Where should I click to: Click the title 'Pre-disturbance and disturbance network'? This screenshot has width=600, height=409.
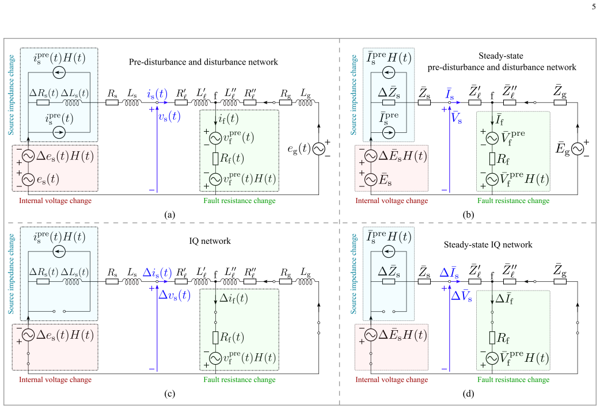(203, 62)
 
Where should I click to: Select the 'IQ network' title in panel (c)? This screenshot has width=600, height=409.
(210, 241)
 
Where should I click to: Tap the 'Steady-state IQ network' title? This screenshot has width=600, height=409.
(488, 244)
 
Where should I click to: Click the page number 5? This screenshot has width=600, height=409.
(594, 7)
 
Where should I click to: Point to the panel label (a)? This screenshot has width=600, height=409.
(169, 215)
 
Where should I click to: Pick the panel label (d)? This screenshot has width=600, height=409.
(468, 393)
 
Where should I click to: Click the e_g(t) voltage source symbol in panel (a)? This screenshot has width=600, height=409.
(318, 148)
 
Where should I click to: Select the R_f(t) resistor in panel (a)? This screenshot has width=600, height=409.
(215, 158)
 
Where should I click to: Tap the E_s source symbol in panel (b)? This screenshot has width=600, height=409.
(371, 179)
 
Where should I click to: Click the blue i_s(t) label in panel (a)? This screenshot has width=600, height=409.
(157, 94)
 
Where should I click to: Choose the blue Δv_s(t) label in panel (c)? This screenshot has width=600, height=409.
(174, 295)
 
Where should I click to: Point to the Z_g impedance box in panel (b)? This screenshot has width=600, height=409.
(560, 102)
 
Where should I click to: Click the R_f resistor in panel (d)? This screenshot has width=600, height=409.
(492, 338)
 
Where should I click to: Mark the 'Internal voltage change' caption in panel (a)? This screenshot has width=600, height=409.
(55, 201)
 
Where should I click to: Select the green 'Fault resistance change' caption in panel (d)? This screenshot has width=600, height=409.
(513, 380)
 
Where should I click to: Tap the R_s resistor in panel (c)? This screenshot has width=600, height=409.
(112, 282)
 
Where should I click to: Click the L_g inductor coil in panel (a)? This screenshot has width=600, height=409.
(305, 102)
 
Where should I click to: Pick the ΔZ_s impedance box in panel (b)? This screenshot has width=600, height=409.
(389, 102)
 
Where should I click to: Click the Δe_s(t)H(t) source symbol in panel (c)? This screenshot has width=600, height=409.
(28, 335)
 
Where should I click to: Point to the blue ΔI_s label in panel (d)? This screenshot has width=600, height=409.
(449, 273)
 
